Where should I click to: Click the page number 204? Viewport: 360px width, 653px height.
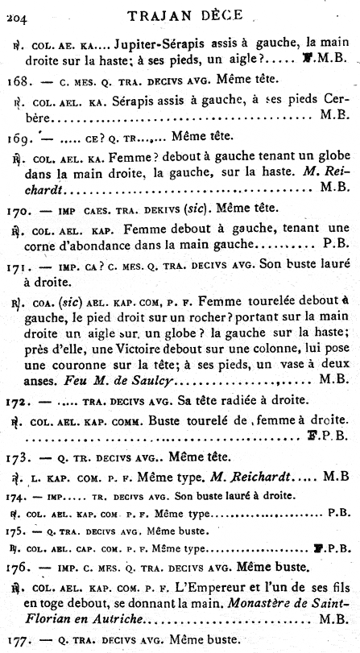[14, 11]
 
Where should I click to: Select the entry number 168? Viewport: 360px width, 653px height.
[18, 80]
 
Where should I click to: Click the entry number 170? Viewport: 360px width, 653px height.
[18, 207]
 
